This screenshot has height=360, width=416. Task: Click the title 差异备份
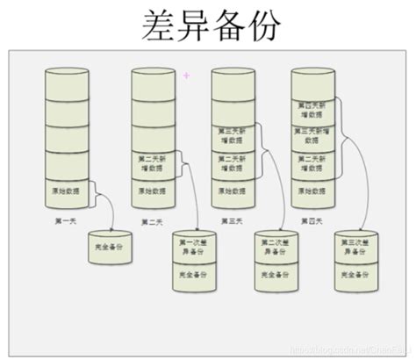[209, 26]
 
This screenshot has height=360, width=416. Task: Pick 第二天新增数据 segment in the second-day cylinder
[149, 162]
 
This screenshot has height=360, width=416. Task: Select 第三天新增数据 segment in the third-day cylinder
[230, 134]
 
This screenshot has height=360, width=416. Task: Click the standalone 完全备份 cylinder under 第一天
[110, 249]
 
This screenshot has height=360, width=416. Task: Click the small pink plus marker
[186, 76]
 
